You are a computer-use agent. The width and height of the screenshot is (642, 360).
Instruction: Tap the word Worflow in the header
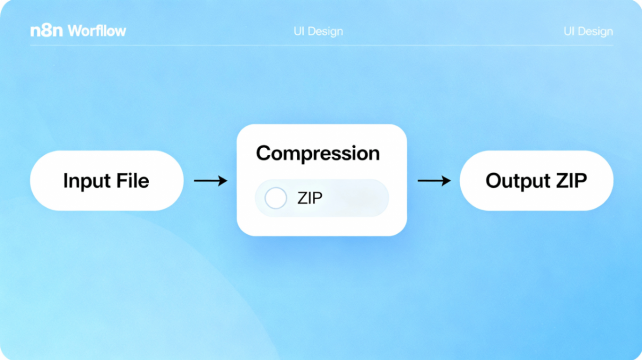coord(97,31)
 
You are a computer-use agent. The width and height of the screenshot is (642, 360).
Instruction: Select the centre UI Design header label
coord(318,31)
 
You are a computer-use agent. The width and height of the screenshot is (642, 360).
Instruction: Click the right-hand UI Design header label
coord(588,31)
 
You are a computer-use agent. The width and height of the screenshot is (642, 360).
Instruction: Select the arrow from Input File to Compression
coord(210,181)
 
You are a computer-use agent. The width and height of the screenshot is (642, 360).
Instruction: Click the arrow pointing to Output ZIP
coord(434,181)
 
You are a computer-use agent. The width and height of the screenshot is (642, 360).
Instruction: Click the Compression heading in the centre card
coord(318,154)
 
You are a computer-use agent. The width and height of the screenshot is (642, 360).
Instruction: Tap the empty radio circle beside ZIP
coord(276,198)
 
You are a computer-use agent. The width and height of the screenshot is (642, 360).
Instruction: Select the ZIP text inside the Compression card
coord(310,198)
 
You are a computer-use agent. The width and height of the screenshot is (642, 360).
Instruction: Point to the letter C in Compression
coord(264,153)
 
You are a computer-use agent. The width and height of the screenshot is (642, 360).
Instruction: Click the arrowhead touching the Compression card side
coord(223,181)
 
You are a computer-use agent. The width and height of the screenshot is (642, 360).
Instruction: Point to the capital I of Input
coord(66,180)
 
